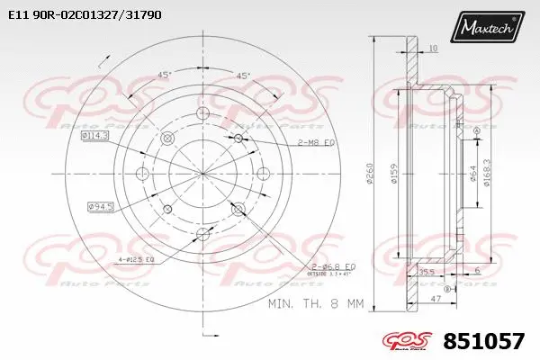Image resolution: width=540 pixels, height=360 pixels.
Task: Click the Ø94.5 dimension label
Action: [x=100, y=208]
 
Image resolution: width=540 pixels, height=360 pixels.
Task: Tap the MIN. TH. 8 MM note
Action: [x=315, y=305]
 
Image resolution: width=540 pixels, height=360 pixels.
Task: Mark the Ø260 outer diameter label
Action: [x=371, y=175]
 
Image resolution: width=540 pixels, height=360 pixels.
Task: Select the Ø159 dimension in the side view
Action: [x=393, y=175]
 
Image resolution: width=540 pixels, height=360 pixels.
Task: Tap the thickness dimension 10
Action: [x=433, y=48]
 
